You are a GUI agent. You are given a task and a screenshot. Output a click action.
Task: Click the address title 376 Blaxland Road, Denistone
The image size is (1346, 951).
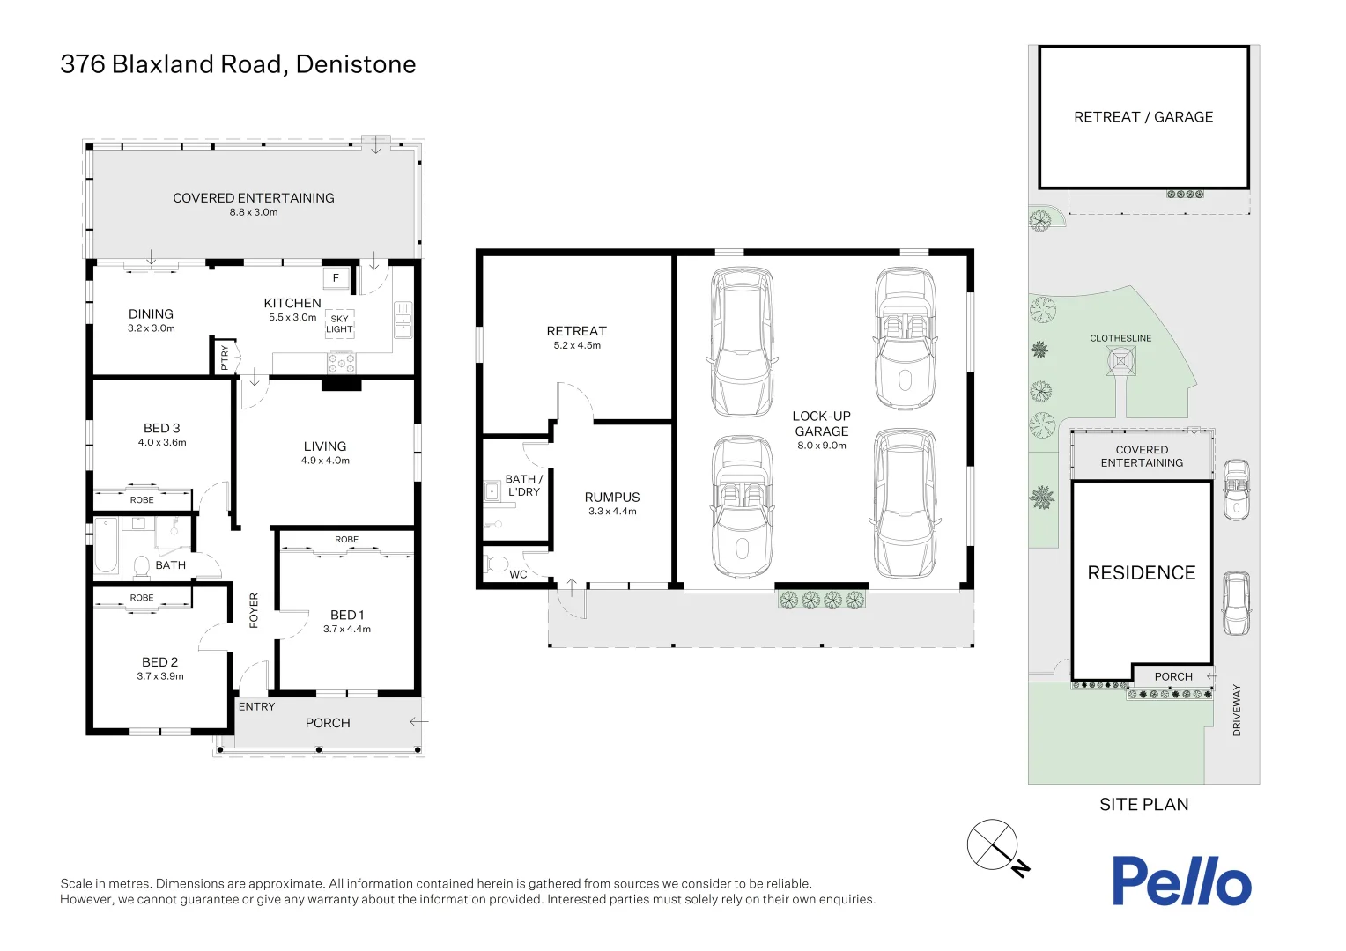click(238, 64)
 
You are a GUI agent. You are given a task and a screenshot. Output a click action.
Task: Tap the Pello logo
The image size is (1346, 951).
click(1180, 881)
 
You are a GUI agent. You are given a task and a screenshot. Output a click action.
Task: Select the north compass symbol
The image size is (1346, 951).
click(994, 845)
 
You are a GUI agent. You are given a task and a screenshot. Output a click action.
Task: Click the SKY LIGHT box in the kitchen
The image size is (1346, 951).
click(339, 324)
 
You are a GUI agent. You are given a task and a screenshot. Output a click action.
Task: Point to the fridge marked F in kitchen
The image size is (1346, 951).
click(336, 278)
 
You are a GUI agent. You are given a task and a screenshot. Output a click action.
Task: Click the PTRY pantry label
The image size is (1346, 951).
click(225, 357)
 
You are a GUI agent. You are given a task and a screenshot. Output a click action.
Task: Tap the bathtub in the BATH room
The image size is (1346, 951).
click(106, 546)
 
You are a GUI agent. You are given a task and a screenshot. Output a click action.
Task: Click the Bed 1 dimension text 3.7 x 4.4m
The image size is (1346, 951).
click(347, 629)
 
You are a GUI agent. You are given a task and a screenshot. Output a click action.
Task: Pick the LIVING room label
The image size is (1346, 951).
click(325, 446)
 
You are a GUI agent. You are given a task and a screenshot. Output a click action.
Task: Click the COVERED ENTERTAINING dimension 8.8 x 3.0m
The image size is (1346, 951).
click(254, 212)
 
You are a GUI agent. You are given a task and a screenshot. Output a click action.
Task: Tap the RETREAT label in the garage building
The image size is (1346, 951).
click(577, 331)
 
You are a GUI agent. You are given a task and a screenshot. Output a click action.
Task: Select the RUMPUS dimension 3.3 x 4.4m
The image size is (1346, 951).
click(612, 511)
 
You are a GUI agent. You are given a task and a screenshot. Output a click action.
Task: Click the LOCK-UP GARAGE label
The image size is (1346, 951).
click(822, 424)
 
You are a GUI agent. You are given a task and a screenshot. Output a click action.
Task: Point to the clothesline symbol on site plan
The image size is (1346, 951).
click(1120, 361)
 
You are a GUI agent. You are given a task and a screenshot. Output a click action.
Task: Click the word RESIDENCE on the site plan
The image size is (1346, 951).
click(1142, 573)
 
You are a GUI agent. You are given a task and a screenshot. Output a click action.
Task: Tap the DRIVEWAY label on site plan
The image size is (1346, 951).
click(1237, 710)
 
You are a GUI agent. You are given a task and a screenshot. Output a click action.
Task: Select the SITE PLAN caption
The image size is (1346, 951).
click(1143, 804)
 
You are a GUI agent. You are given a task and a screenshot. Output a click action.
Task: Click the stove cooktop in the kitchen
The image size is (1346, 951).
click(342, 361)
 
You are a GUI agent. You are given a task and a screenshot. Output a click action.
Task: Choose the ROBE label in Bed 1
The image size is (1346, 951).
click(346, 539)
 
